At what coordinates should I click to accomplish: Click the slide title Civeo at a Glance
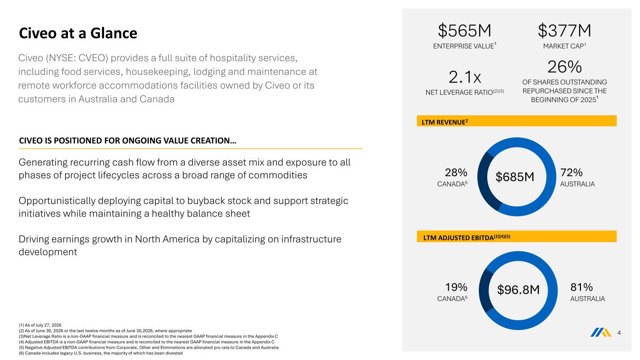pyautogui.click(x=78, y=33)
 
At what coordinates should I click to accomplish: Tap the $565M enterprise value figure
pyautogui.click(x=465, y=30)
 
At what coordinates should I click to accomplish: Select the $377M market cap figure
pyautogui.click(x=565, y=30)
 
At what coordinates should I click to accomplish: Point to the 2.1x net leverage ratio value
pyautogui.click(x=465, y=77)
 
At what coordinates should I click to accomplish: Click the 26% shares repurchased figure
pyautogui.click(x=565, y=67)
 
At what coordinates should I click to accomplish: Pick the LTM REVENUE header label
pyautogui.click(x=445, y=122)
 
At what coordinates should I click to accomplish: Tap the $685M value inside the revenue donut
pyautogui.click(x=515, y=177)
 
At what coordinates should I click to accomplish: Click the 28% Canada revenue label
pyautogui.click(x=456, y=172)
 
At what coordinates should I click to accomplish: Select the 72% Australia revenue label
pyautogui.click(x=572, y=172)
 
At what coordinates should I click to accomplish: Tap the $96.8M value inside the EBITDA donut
pyautogui.click(x=518, y=290)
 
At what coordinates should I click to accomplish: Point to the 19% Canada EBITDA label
pyautogui.click(x=456, y=287)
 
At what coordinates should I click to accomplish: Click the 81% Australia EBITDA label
pyautogui.click(x=581, y=287)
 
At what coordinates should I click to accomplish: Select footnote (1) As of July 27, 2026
pyautogui.click(x=40, y=325)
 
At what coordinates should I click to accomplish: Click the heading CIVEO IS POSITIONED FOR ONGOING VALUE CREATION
pyautogui.click(x=128, y=141)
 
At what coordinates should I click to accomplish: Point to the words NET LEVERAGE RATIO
pyautogui.click(x=459, y=92)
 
